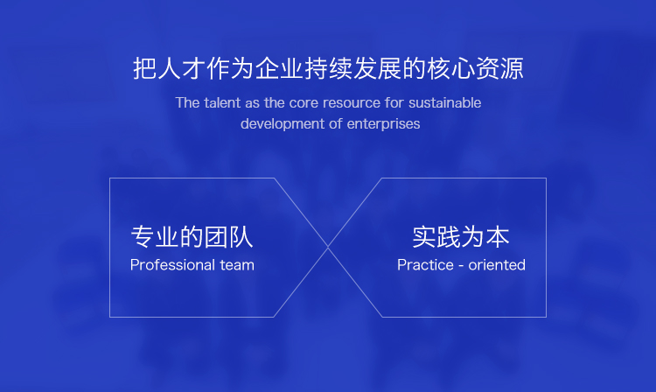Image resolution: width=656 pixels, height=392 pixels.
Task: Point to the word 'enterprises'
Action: (383, 124)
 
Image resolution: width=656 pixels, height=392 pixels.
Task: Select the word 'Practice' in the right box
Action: (425, 265)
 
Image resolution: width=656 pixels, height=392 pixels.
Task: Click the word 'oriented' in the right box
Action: (497, 265)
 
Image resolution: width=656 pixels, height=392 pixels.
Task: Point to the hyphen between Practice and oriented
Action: (461, 266)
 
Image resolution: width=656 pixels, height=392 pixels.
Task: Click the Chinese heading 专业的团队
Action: (192, 237)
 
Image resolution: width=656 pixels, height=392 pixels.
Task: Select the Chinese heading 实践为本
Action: (461, 237)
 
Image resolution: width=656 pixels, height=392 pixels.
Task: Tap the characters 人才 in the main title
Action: (181, 68)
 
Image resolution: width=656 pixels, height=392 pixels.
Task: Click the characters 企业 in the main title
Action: (279, 68)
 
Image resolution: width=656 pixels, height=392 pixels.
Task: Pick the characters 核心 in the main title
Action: (450, 68)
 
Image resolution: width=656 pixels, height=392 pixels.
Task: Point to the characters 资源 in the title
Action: (499, 68)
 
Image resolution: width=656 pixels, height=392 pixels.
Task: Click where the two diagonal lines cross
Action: (328, 248)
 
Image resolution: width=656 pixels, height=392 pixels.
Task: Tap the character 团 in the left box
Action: (216, 237)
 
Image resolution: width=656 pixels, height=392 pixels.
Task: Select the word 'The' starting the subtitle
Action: (187, 103)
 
